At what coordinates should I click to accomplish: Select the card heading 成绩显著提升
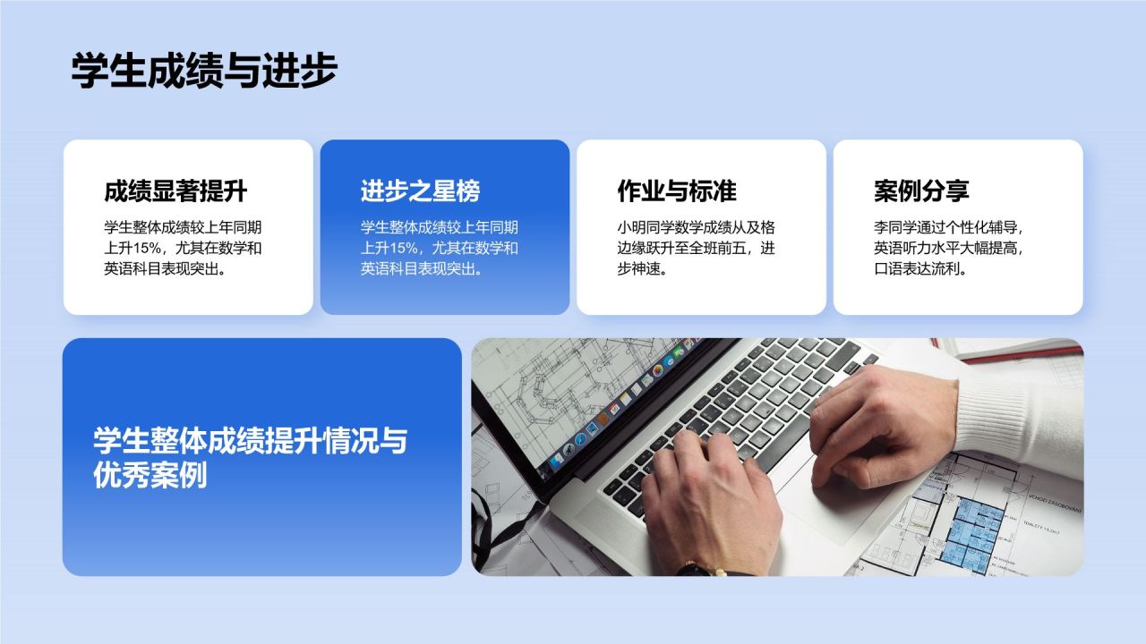tap(175, 191)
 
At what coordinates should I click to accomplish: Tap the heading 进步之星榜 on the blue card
tap(420, 191)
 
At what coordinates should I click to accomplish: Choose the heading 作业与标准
tap(676, 191)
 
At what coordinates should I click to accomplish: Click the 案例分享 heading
tap(921, 191)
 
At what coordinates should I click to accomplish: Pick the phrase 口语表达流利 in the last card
tap(919, 269)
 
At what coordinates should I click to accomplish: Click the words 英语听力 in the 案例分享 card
tap(904, 248)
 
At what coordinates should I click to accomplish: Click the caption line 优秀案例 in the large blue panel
tap(150, 476)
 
